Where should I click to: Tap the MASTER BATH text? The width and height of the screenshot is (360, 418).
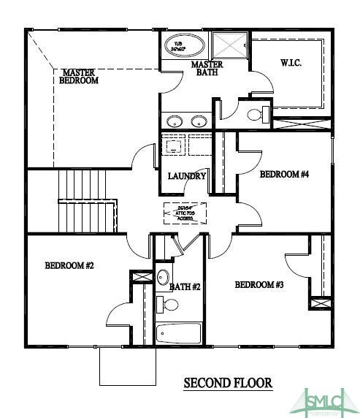(207, 69)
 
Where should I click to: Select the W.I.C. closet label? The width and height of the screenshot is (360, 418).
(290, 62)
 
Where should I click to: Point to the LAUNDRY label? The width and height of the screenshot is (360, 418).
(187, 176)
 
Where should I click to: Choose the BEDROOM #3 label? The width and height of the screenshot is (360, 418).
(260, 284)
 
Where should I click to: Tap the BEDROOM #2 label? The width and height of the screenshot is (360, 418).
(69, 266)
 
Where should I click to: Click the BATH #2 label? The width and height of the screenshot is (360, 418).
(185, 287)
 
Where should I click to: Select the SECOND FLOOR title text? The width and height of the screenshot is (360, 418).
(227, 382)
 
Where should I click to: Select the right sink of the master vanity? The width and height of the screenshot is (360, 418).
(198, 121)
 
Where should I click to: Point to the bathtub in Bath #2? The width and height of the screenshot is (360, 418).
(179, 333)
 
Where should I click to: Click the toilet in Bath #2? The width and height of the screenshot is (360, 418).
(161, 303)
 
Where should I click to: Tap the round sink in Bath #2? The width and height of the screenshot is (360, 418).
(163, 277)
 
